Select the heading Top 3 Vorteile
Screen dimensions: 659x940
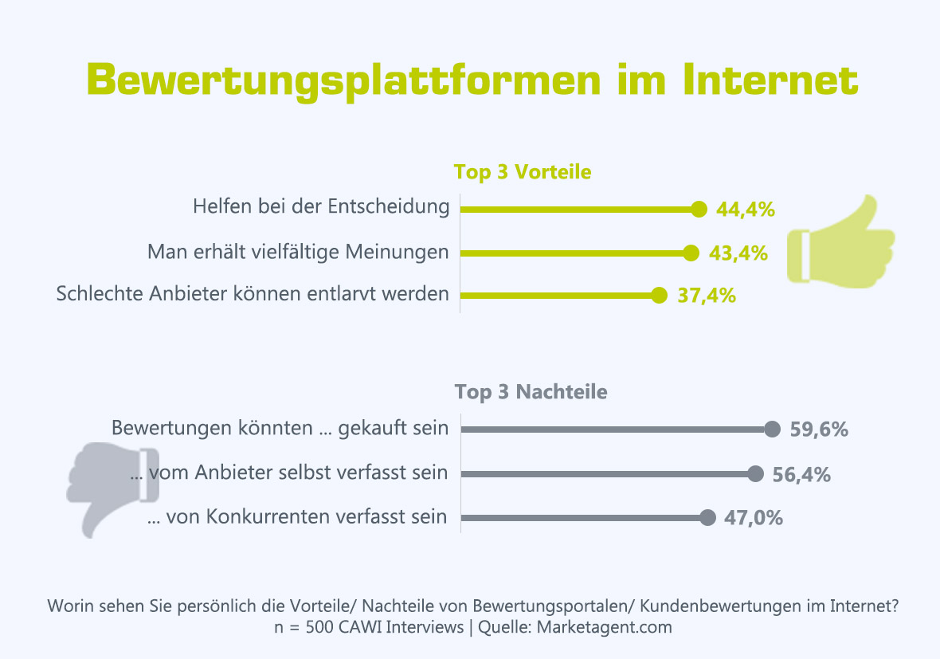(x=522, y=172)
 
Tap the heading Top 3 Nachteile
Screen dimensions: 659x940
(x=531, y=392)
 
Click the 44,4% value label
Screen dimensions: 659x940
(x=745, y=210)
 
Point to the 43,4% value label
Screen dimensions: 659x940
(x=738, y=253)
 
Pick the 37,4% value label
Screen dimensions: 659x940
(x=707, y=296)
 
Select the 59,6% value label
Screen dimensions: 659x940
(x=819, y=430)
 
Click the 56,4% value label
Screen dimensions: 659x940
(x=801, y=475)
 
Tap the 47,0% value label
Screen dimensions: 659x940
(x=754, y=518)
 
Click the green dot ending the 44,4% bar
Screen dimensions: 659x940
(x=699, y=210)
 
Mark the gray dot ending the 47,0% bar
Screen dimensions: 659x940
(x=707, y=518)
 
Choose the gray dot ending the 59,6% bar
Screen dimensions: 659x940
(x=771, y=430)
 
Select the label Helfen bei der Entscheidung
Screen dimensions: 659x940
(x=321, y=207)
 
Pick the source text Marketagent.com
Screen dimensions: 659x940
(x=605, y=627)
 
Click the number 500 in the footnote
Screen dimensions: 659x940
(x=315, y=627)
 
